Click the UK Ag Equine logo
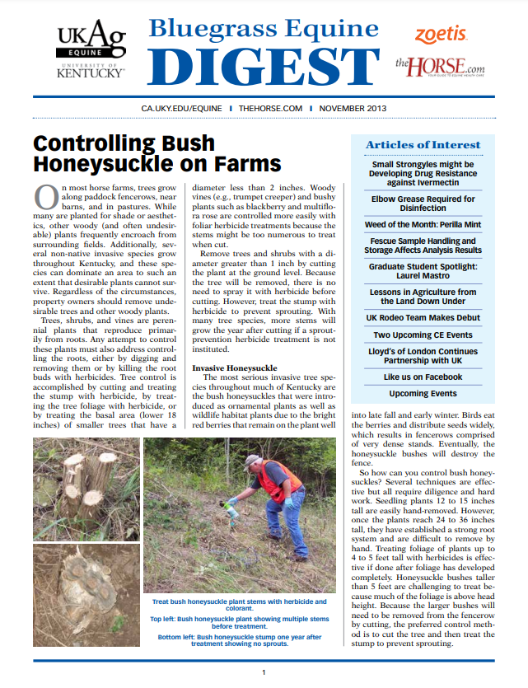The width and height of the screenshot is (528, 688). [91, 49]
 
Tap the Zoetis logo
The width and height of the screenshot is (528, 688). [441, 35]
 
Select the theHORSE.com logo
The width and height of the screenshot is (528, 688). [439, 65]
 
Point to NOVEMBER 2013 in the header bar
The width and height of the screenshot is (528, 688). [353, 108]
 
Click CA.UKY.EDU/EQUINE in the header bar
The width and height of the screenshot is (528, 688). [183, 108]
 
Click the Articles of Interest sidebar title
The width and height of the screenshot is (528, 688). [423, 145]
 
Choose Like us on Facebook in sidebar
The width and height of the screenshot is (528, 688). [423, 377]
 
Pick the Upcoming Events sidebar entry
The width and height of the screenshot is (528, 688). [423, 394]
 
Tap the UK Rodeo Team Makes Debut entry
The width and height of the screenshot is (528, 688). [423, 318]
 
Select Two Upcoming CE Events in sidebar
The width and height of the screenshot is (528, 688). [423, 335]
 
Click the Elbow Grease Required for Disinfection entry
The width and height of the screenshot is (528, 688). [423, 204]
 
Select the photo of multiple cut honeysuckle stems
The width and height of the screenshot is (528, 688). [85, 486]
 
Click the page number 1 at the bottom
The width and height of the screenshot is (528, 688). [264, 673]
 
